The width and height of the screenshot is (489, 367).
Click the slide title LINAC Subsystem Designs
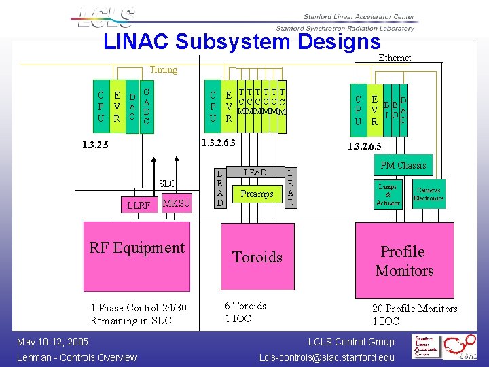point(242,41)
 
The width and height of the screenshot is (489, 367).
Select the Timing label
point(163,69)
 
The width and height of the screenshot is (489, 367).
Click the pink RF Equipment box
point(137,256)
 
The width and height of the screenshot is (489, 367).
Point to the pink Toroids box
point(257,257)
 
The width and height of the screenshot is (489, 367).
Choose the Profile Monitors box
point(404,261)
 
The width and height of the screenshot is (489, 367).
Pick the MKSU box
point(177,203)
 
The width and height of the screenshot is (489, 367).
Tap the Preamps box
point(257,194)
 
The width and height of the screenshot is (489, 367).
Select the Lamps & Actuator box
point(388,194)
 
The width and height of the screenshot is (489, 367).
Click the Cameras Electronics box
point(429,194)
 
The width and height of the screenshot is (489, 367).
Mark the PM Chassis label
point(403,165)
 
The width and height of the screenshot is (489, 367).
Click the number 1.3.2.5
point(94,145)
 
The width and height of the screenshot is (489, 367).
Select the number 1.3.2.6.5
point(365,146)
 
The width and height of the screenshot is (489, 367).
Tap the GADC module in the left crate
point(147,106)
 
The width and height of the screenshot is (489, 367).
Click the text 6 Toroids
point(245,306)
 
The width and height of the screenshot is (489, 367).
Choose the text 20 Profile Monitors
point(414,309)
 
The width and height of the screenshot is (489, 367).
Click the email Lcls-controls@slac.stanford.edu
point(327,357)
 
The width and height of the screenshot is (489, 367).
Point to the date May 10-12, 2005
point(53,341)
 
